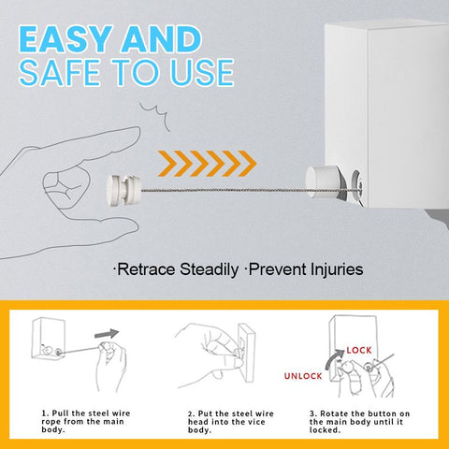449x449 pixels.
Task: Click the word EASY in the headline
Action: coord(65,39)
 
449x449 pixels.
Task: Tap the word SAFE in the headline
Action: coord(59,72)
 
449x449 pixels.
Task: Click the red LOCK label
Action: coord(359,350)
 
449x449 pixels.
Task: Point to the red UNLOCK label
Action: coord(303,376)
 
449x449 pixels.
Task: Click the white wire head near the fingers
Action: coord(123,190)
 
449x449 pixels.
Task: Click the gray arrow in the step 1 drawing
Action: coord(107,334)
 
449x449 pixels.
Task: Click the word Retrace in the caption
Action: coord(147,269)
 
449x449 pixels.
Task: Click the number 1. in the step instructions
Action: coord(45,413)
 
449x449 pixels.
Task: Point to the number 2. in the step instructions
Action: coord(192,413)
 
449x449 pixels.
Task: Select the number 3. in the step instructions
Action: coord(313,413)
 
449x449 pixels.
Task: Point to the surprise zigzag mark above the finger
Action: coord(155,116)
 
